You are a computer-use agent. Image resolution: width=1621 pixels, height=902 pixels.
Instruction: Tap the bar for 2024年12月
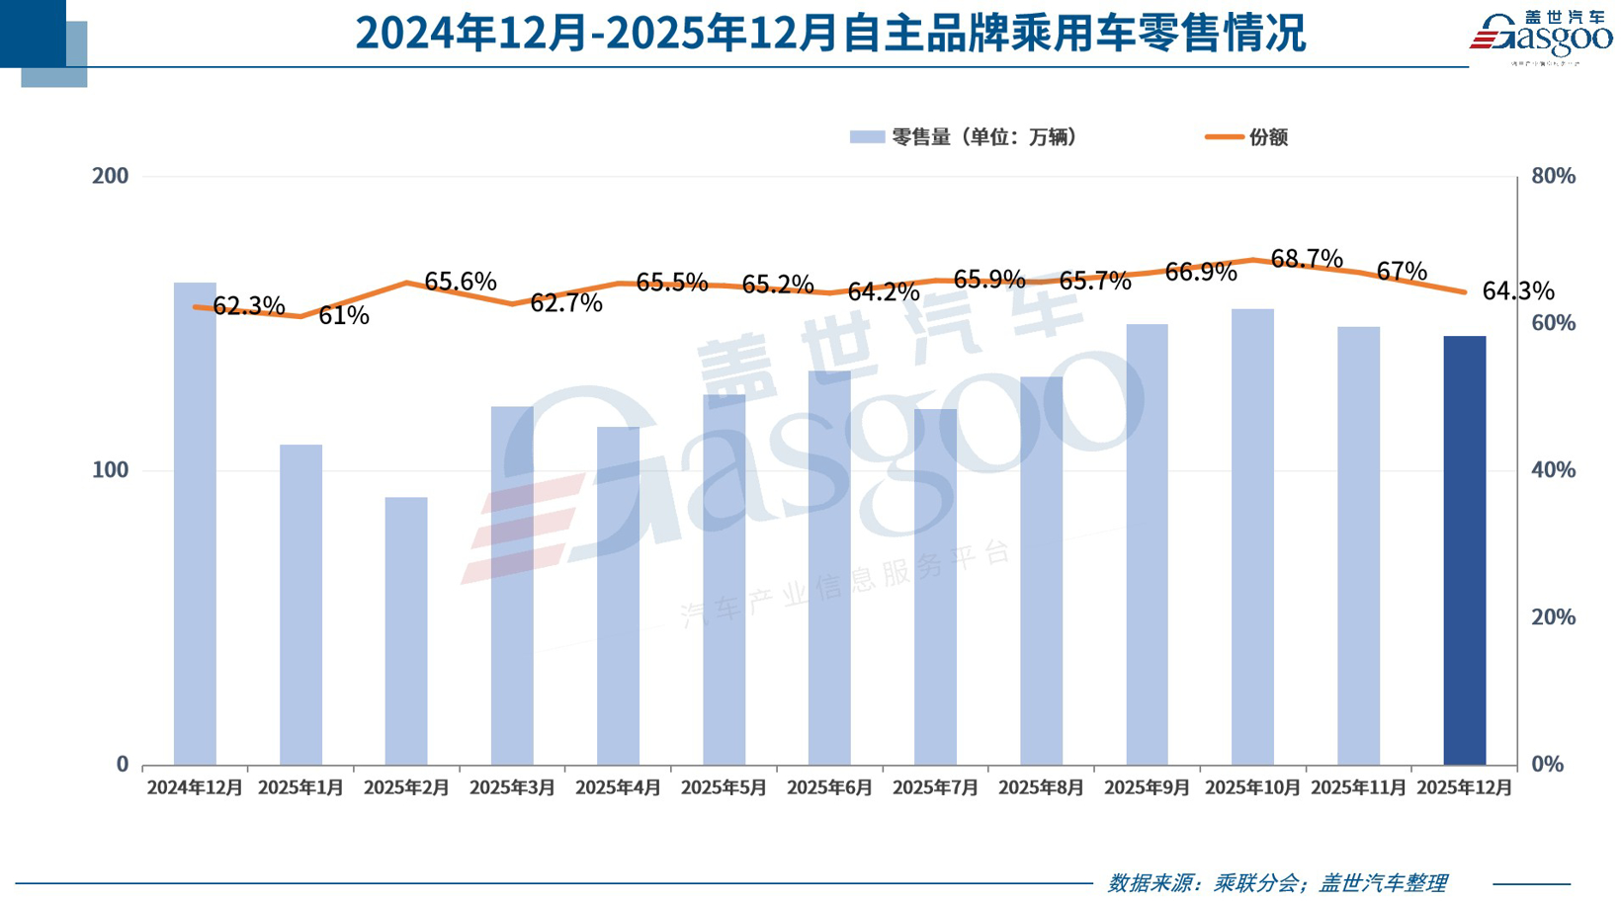click(195, 524)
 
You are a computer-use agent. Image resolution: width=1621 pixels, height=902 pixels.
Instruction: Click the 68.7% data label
click(1307, 259)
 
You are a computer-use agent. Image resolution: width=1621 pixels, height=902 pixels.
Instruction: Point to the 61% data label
click(344, 316)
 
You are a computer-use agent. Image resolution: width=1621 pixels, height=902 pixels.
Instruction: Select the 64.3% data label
click(1518, 291)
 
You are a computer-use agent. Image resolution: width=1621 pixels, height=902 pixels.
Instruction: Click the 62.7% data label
click(566, 303)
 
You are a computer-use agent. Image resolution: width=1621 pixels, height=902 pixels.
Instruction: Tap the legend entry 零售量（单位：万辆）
click(964, 137)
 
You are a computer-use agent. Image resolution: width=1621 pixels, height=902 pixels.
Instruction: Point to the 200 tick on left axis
click(110, 177)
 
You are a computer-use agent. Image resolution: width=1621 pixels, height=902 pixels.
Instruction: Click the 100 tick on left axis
click(110, 470)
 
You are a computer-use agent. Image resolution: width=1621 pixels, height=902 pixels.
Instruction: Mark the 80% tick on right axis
click(1553, 177)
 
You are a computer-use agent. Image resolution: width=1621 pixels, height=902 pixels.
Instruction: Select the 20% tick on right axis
click(1553, 617)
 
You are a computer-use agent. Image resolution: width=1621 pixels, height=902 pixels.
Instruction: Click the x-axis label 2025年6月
click(829, 788)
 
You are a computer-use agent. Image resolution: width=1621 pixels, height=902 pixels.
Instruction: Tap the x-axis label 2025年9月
click(1147, 788)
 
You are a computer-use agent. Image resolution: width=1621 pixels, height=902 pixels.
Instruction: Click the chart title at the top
click(830, 33)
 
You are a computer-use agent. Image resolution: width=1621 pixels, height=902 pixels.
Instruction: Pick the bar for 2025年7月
click(935, 587)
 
